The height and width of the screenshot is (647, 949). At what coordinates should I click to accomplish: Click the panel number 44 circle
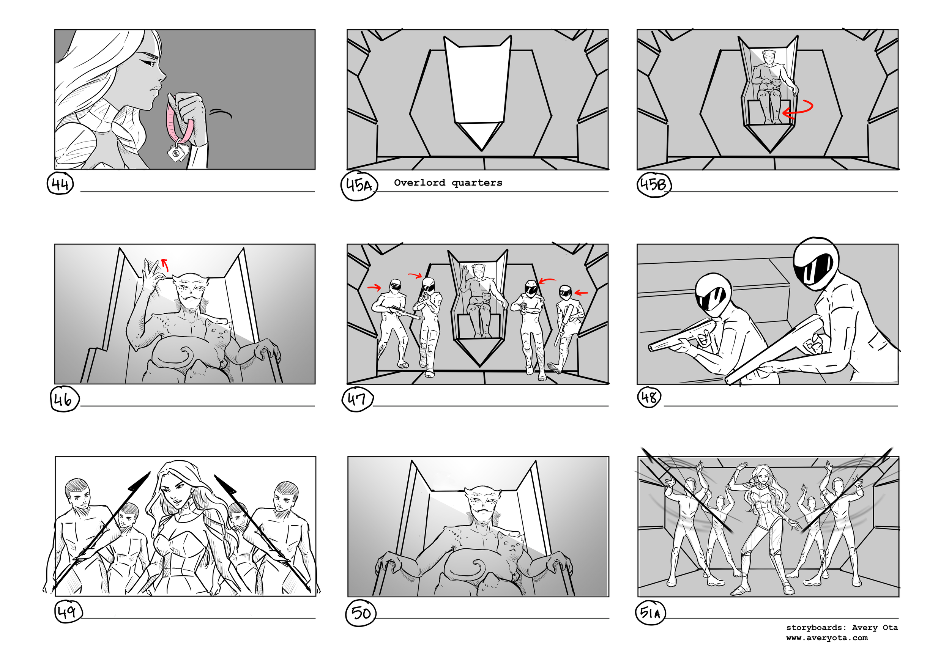[x=60, y=184]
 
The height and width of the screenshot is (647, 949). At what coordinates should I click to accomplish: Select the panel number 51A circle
[x=650, y=613]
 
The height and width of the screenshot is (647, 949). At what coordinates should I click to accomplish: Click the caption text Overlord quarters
[x=448, y=183]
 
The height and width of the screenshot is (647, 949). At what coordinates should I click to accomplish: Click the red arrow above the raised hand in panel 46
[x=165, y=265]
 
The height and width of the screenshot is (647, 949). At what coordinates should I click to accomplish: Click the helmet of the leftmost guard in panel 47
[x=395, y=285]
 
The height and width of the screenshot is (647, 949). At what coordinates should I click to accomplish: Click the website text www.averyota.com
[x=826, y=638]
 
